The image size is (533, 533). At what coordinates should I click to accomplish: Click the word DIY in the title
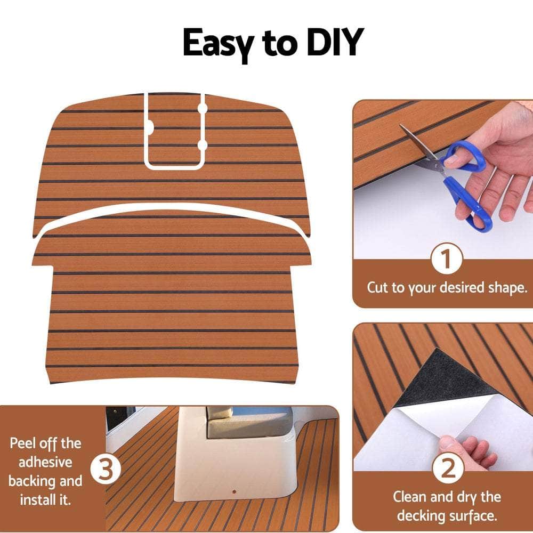pos(332,43)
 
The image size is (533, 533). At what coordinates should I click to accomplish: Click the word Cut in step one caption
pos(378,288)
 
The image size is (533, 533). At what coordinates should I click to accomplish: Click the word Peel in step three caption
pos(24,443)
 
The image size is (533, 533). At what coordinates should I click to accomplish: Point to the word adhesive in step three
pos(46,462)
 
